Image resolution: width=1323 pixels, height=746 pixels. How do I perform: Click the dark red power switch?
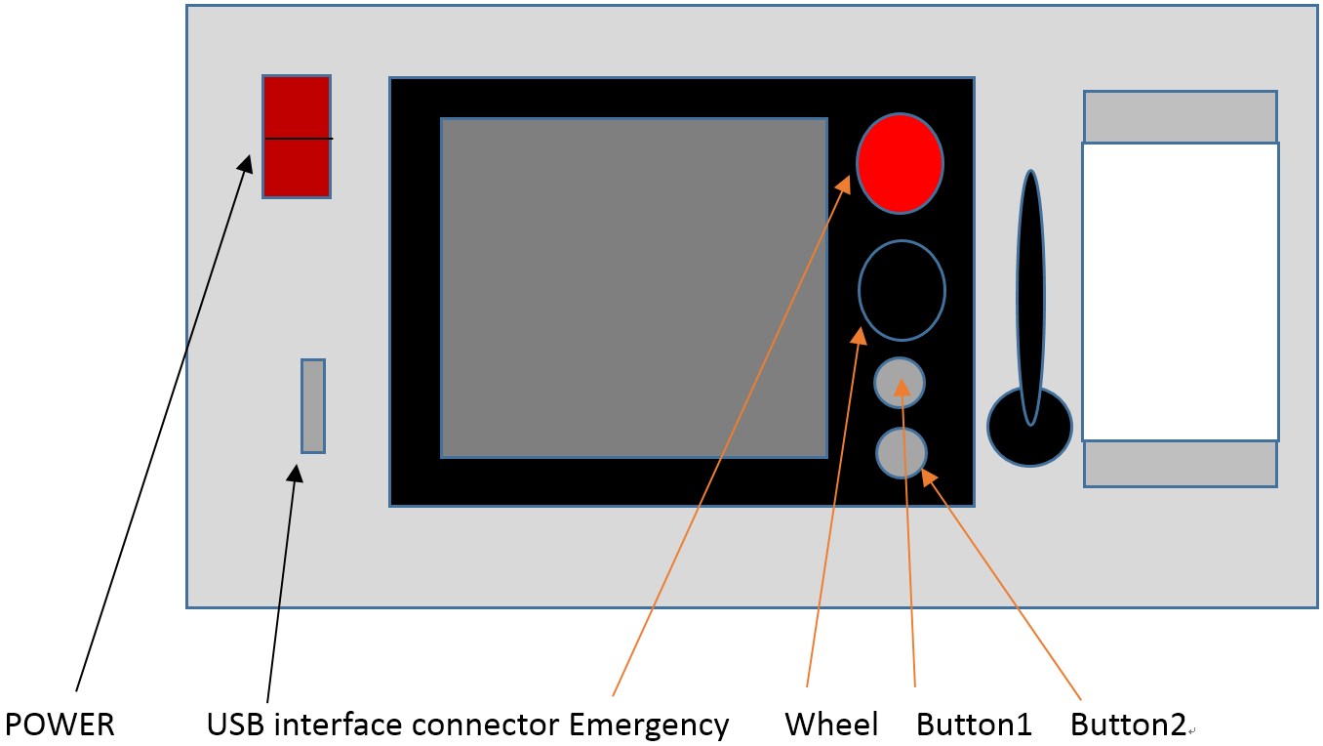297,137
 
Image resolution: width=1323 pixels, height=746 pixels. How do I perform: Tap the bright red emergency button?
900,164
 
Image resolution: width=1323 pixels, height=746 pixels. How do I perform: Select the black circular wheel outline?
902,290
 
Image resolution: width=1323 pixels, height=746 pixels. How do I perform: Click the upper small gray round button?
900,383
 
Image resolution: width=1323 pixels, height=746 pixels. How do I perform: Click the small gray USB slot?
312,406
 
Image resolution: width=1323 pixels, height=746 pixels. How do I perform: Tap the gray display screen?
634,288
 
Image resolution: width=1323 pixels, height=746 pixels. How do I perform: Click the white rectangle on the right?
1180,292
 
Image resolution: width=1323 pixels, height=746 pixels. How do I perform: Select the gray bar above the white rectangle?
1180,116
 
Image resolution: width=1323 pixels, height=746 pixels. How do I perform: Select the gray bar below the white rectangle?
1180,464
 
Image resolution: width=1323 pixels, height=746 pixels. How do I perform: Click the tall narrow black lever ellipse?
1030,293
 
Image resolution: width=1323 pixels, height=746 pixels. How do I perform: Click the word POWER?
60,725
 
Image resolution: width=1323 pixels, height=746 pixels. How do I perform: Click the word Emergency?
649,725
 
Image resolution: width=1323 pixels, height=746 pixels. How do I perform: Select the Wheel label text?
831,725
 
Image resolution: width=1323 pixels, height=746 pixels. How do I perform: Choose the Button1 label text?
974,725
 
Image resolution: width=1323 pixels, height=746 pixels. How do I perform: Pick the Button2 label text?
1128,725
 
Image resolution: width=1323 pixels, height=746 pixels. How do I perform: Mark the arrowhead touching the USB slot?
295,473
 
